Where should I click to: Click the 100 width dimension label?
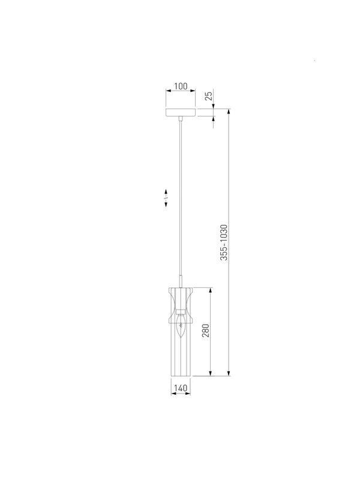point(181,86)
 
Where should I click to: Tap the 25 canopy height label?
point(208,96)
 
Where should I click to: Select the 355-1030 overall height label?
point(224,242)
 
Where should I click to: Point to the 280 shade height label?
point(206,331)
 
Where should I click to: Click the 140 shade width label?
point(181,388)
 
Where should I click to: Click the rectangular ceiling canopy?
point(181,112)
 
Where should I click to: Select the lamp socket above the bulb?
point(181,312)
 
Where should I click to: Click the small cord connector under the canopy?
point(181,118)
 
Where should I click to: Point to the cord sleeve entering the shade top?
point(181,281)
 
